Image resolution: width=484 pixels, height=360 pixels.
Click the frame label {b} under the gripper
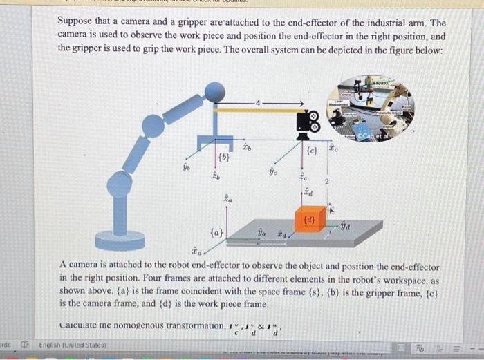223,158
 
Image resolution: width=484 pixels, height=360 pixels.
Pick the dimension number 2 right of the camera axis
327,182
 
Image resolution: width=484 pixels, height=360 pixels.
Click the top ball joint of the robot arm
216,91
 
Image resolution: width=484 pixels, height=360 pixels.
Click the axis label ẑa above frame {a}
227,199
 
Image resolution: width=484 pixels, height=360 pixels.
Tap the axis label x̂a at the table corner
198,252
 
